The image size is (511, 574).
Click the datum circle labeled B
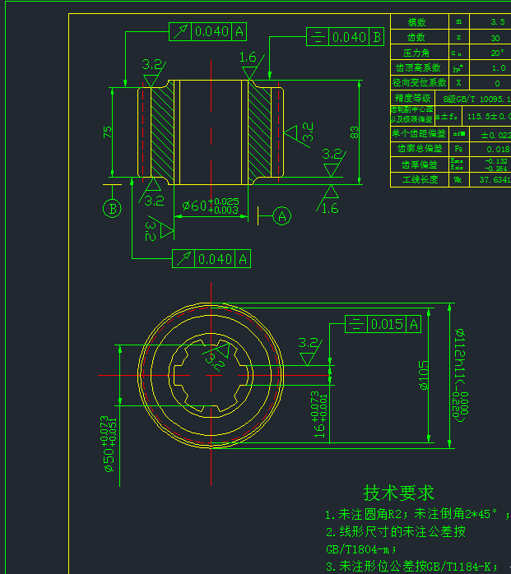tap(112, 208)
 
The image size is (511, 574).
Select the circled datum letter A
tap(282, 216)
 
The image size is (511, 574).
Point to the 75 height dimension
tap(108, 132)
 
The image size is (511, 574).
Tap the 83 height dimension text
tap(355, 132)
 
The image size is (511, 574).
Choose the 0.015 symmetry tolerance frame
tap(383, 324)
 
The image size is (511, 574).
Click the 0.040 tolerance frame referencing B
tap(345, 37)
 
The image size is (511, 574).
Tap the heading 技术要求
tap(399, 493)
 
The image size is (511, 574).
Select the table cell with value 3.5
tap(496, 21)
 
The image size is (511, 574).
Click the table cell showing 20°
tap(496, 52)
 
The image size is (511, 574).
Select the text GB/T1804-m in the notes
tap(361, 549)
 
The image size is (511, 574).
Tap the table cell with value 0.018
tap(497, 149)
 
